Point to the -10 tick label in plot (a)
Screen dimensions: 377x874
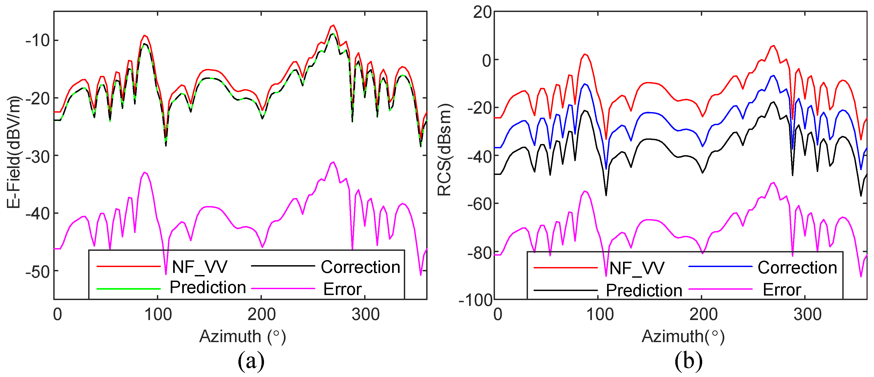coord(38,41)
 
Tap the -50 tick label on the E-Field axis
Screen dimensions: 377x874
coord(38,272)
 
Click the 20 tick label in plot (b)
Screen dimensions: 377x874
coord(482,13)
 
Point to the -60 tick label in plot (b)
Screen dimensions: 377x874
coord(479,204)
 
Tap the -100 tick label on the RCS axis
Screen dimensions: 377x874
coord(475,300)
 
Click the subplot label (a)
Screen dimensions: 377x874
coord(251,361)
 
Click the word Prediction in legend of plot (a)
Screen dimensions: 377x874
coord(208,288)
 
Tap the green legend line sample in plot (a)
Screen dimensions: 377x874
coord(129,289)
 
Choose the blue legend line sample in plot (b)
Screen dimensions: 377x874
coord(721,267)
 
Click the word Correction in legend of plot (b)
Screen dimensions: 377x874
coord(797,268)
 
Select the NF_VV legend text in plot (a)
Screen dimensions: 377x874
coord(200,267)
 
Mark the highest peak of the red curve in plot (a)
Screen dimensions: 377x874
coord(334,26)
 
